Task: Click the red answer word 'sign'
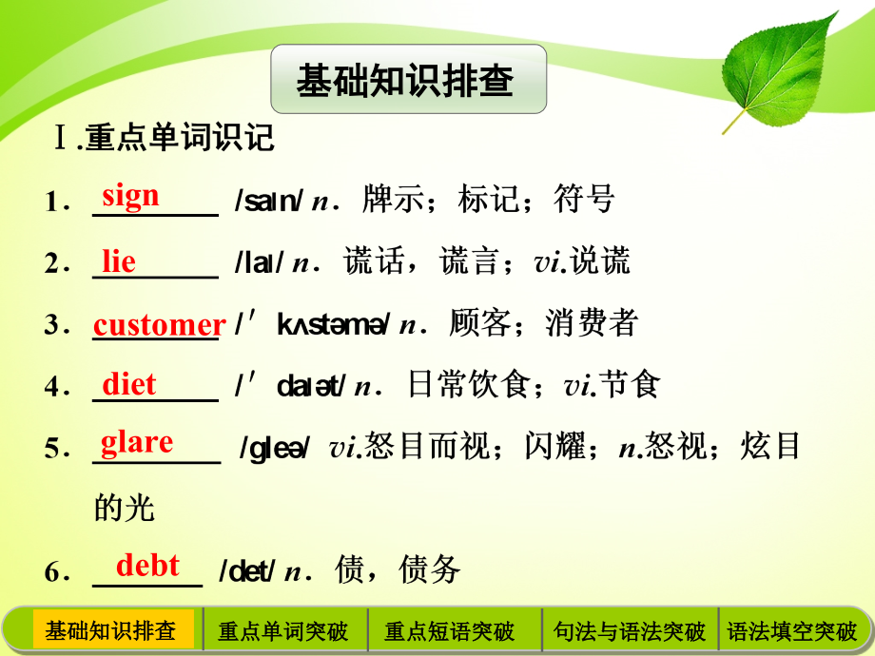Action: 131,196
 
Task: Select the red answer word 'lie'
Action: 119,260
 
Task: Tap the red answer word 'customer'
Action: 159,324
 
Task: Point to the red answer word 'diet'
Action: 129,384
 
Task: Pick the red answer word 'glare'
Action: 137,442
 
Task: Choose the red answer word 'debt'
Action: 147,566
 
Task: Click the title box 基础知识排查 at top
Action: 408,80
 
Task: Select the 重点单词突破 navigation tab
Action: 283,630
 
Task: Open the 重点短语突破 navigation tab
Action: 449,630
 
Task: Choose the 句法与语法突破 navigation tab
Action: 629,630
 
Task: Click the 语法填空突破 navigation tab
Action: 792,630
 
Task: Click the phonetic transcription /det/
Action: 247,571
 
